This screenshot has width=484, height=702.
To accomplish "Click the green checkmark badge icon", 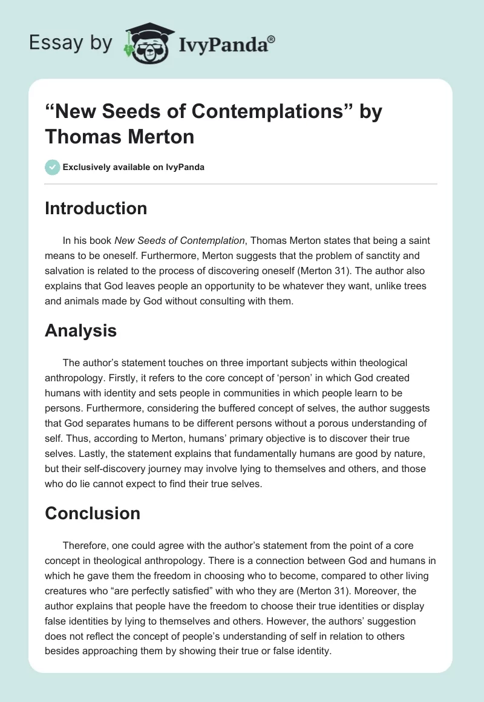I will pos(53,167).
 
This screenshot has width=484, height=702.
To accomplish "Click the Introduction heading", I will pos(96,208).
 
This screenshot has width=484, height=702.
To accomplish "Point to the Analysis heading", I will pos(80,330).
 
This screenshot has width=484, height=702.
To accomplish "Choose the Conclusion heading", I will pos(93,513).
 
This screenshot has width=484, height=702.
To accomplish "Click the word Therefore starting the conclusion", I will pos(88,545).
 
